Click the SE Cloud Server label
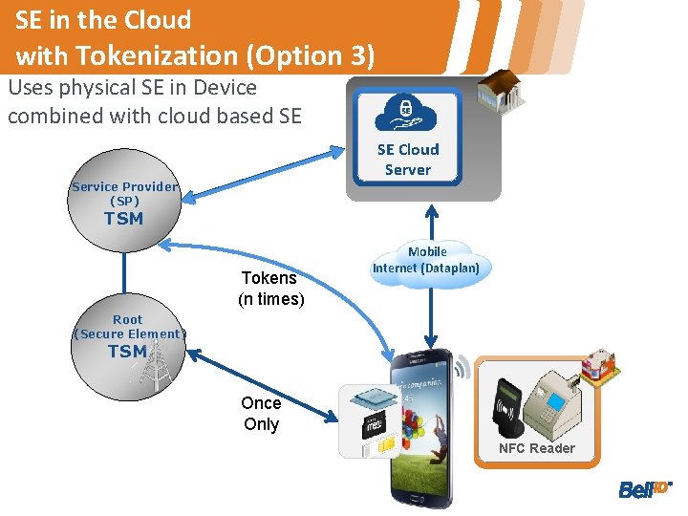(408, 160)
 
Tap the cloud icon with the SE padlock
(407, 112)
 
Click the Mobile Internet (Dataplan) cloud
(427, 261)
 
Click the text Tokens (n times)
(270, 288)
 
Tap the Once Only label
(260, 414)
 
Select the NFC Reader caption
(537, 448)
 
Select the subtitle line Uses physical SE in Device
(132, 88)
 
